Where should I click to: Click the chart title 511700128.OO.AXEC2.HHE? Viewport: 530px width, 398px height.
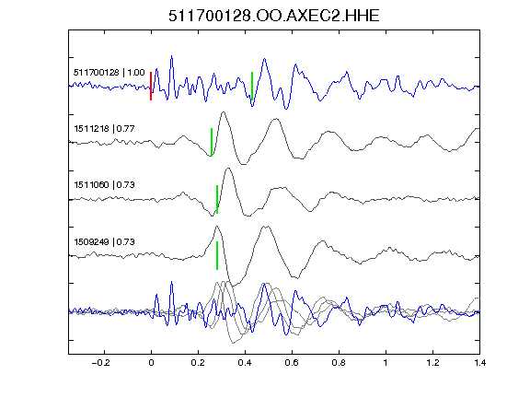pos(274,16)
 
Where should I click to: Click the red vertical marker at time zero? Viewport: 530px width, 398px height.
pos(151,86)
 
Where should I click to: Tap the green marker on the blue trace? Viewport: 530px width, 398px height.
pos(252,86)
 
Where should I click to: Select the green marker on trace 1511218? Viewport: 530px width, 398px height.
pos(212,142)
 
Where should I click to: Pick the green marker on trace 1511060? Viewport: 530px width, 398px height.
pos(217,199)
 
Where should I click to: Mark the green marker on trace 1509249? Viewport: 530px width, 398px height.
pos(217,255)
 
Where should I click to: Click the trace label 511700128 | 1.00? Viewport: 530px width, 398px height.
pos(109,73)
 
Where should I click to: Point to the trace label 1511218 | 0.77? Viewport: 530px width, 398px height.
pos(105,129)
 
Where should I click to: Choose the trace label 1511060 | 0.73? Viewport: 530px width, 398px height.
pos(105,185)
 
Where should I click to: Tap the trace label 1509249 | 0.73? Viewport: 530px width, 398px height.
pos(105,242)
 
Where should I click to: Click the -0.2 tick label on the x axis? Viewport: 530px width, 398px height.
pos(100,363)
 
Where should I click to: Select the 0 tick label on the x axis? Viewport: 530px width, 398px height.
pos(151,363)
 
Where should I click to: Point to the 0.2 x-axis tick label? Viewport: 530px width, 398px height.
pos(198,363)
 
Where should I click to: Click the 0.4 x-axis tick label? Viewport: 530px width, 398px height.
pos(245,363)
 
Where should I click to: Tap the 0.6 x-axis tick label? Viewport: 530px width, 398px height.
pos(292,363)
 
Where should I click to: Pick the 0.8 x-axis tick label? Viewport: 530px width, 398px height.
pos(339,363)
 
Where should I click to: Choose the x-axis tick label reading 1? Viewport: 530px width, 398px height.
pos(386,363)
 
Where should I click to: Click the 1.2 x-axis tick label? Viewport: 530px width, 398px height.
pos(432,363)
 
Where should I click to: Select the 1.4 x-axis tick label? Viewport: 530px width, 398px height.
pos(479,363)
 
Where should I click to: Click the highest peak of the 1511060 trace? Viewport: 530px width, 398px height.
pos(228,169)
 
